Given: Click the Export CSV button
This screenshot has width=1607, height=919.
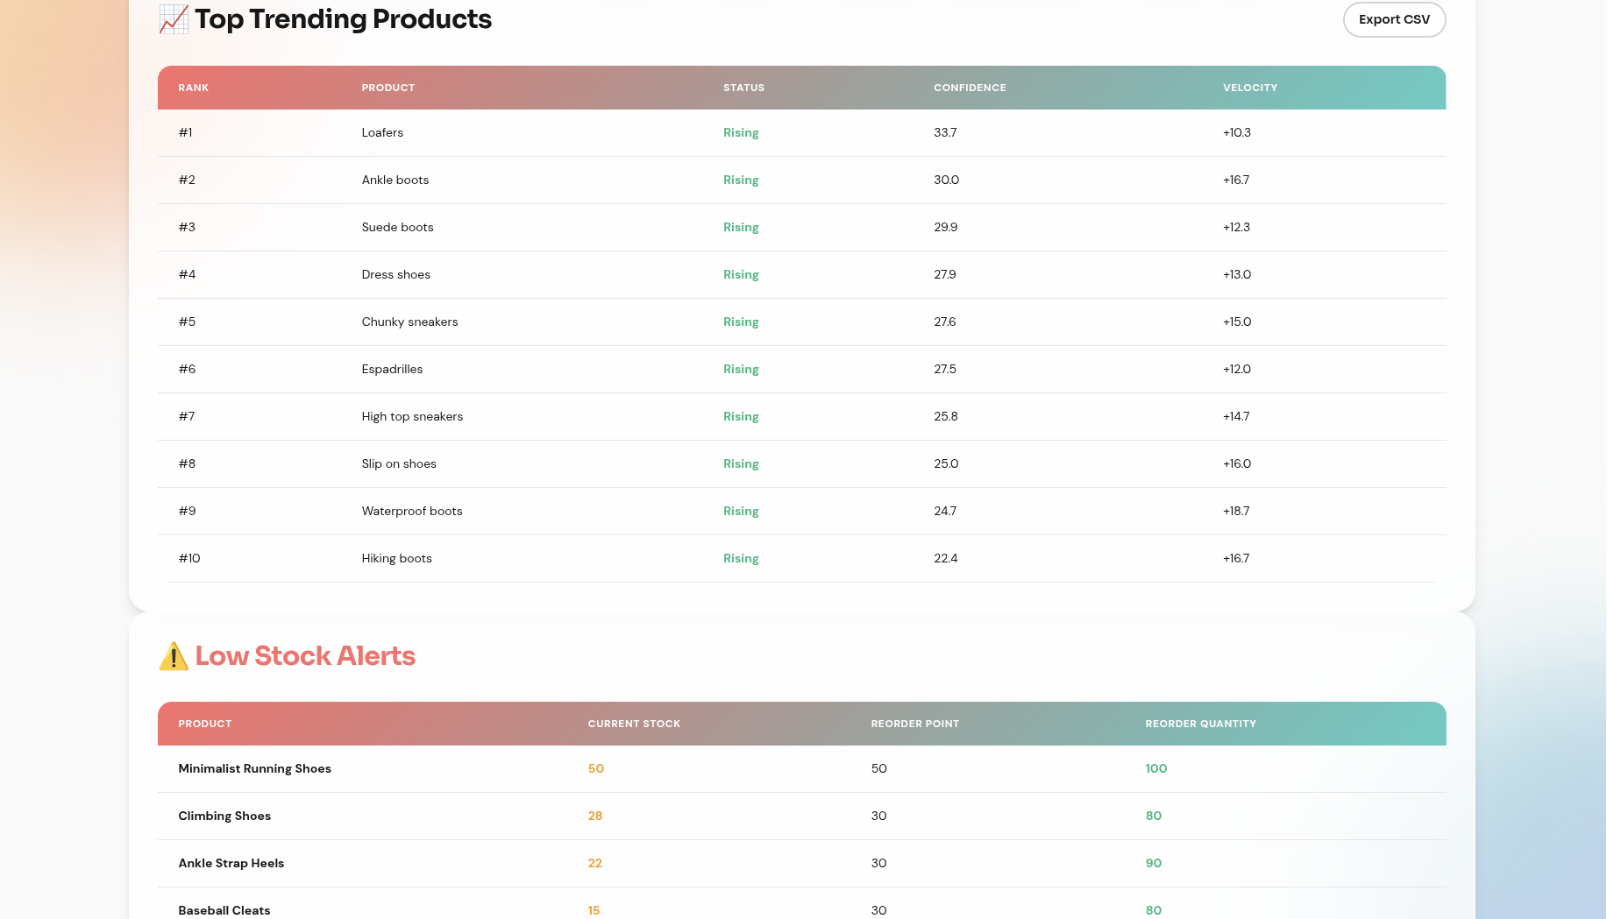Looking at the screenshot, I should pos(1394,19).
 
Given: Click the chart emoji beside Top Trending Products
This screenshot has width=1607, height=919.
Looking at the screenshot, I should pos(174,19).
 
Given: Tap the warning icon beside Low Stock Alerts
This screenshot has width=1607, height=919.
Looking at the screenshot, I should pos(174,656).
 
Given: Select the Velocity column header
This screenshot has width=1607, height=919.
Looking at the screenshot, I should pos(1249,88).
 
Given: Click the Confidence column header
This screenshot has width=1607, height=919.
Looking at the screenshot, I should pos(970,88).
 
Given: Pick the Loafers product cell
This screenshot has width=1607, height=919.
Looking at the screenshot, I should pos(382,133).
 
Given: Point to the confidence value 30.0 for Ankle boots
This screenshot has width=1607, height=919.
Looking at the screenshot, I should pos(946,180).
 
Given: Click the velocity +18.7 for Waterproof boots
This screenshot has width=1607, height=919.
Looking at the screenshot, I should pos(1236,512).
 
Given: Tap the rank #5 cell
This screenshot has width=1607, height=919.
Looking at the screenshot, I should pos(187,322).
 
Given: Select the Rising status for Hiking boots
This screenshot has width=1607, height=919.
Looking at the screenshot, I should pos(741,559).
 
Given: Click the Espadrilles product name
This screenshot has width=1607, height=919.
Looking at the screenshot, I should pos(392,370).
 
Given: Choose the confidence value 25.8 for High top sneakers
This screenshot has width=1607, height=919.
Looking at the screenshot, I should pos(945,417).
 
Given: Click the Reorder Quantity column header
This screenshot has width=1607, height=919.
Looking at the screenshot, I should pos(1200,724).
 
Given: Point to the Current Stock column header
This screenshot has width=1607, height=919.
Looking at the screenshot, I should pos(634,724).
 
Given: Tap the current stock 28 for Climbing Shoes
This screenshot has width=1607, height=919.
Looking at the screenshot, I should pos(595,816).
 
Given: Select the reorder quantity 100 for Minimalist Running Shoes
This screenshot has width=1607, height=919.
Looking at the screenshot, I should pos(1155,769).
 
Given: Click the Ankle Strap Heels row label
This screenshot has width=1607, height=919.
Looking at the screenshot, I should pos(231,864).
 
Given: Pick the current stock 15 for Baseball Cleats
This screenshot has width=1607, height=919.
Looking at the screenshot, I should pos(594,910).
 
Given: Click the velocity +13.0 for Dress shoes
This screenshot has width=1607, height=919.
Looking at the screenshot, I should pos(1236,275).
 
